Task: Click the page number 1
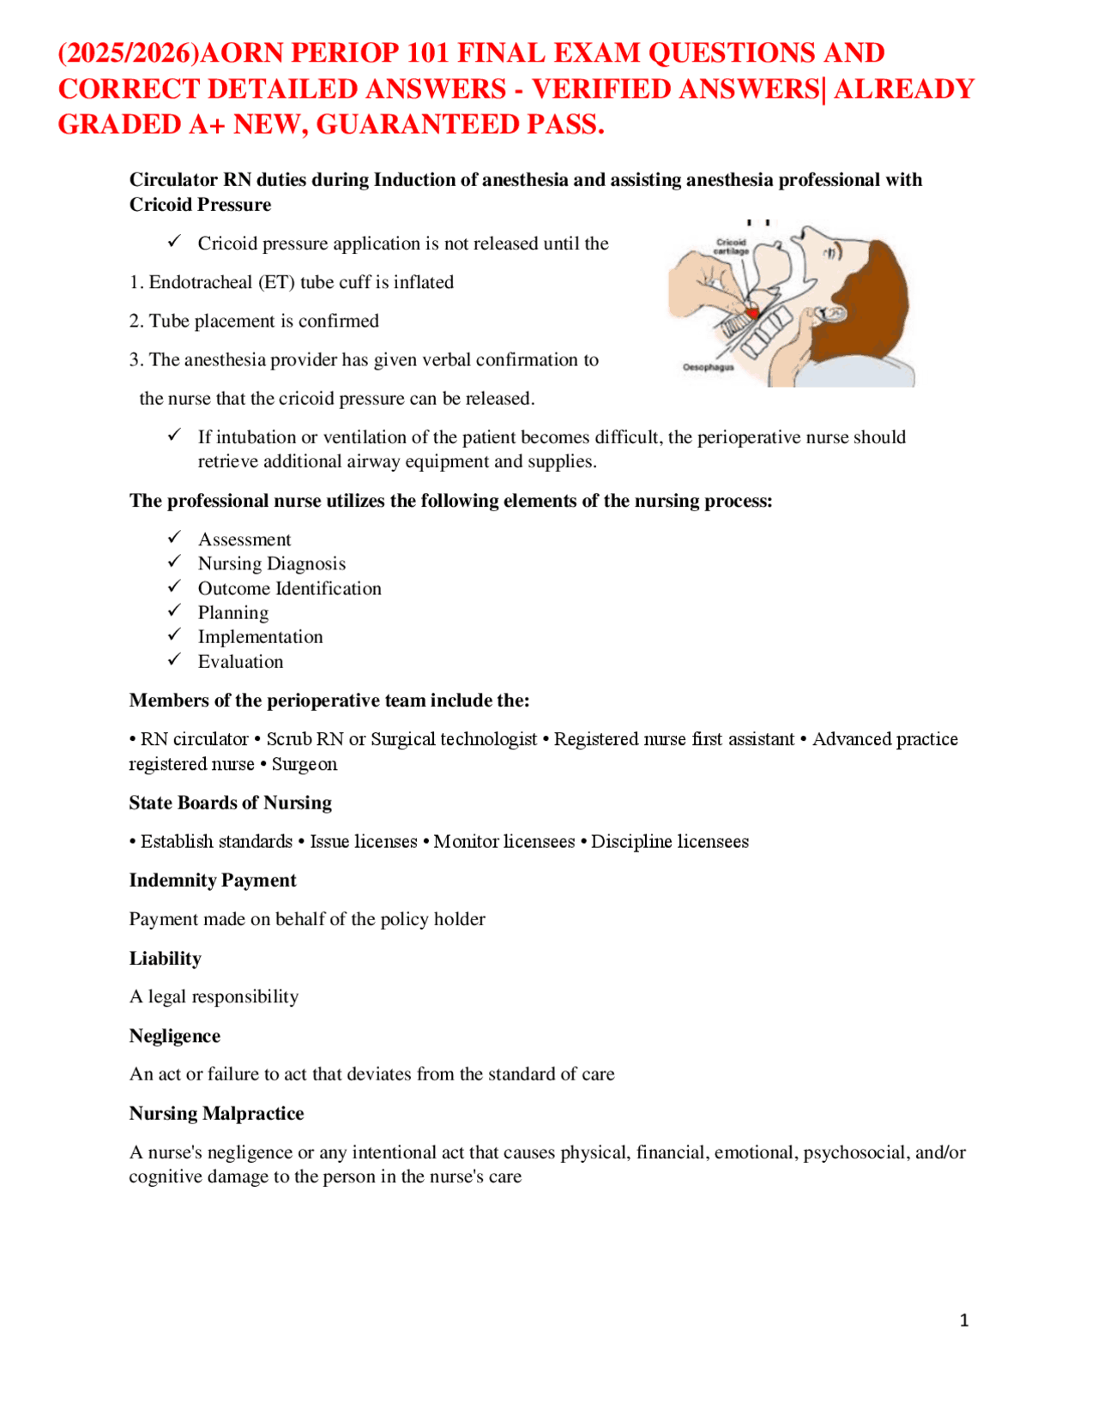[x=963, y=1321]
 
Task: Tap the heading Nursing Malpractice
[x=216, y=1113]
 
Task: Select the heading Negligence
[x=174, y=1036]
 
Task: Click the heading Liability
[x=165, y=958]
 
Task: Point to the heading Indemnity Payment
[x=212, y=880]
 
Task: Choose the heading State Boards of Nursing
[x=230, y=803]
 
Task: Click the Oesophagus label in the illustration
[x=708, y=367]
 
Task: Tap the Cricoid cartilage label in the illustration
[x=731, y=247]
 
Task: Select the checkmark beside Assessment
[x=174, y=537]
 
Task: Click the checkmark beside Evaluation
[x=174, y=659]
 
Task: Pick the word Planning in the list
[x=233, y=613]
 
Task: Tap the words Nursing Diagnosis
[x=271, y=563]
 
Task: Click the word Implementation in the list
[x=260, y=637]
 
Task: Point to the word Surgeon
[x=305, y=764]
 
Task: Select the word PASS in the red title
[x=562, y=125]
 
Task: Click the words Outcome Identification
[x=289, y=588]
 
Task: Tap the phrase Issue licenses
[x=363, y=841]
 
